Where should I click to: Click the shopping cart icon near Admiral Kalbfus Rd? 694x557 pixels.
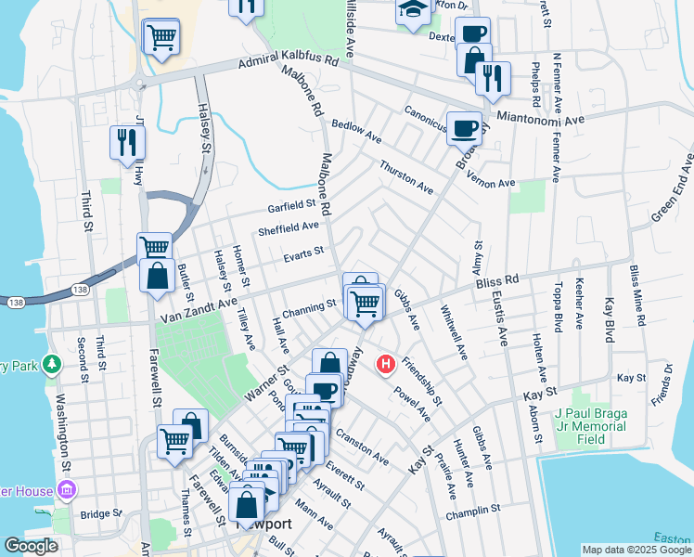(x=161, y=38)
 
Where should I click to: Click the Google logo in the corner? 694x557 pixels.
(x=31, y=546)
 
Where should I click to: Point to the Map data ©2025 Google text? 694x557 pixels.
(x=636, y=550)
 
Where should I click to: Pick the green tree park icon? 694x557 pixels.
(x=54, y=366)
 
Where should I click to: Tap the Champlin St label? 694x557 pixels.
(x=473, y=510)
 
